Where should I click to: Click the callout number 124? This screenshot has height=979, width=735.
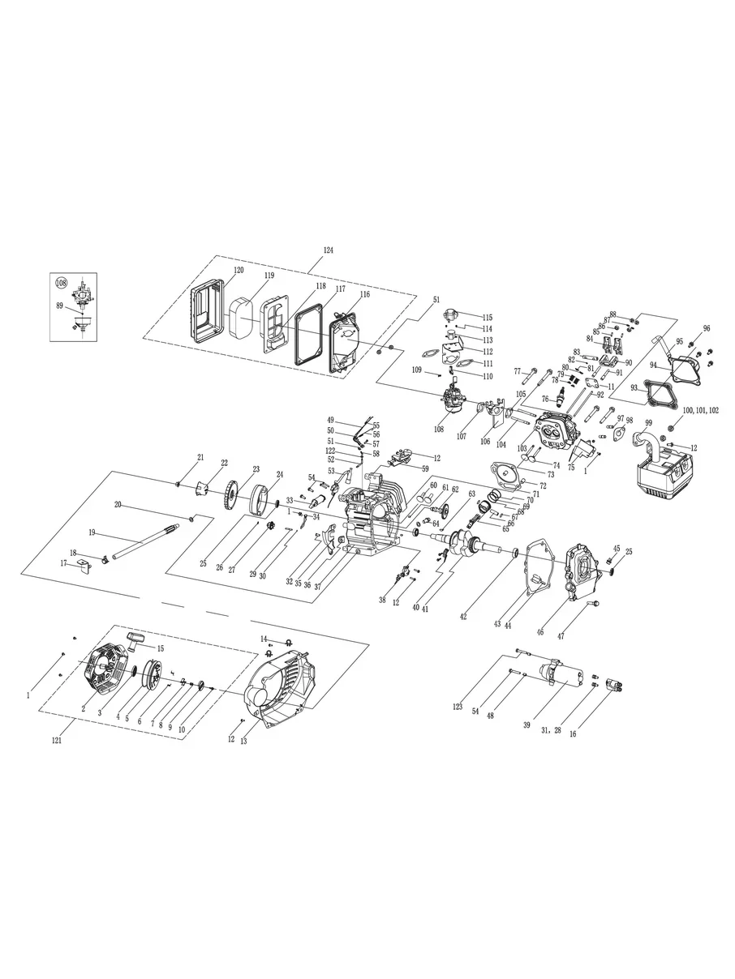point(328,250)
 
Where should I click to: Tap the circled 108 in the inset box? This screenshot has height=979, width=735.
point(61,282)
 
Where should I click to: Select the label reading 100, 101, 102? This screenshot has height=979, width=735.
point(701,411)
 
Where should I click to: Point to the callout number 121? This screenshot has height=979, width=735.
point(56,741)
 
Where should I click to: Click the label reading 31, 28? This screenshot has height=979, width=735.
point(551,730)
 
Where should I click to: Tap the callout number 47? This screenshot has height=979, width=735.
point(561,636)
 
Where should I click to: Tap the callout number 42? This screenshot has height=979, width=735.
point(462,616)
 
